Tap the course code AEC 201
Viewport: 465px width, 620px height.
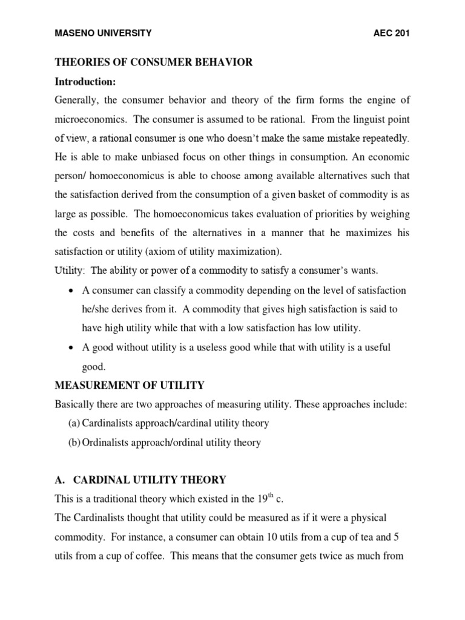[392, 34]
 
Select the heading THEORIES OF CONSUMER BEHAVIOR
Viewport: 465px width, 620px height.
[154, 62]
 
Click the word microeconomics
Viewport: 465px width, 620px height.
[90, 119]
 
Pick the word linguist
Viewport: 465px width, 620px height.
[340, 119]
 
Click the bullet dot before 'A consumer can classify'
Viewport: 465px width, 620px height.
[72, 291]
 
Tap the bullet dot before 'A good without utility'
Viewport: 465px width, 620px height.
[72, 348]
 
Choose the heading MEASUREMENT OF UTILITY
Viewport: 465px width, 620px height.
[130, 385]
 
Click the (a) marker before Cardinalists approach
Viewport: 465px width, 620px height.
[74, 423]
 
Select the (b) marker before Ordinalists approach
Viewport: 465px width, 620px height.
[74, 442]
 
